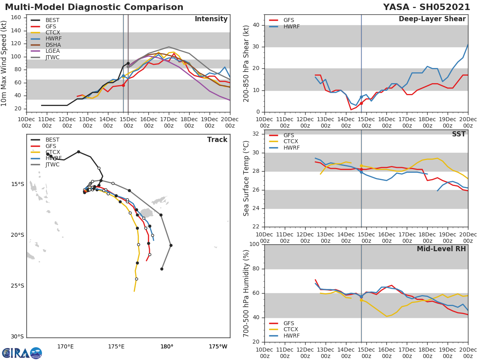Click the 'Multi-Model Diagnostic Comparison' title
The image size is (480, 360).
pos(94,7)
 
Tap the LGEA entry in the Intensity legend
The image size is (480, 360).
pos(52,51)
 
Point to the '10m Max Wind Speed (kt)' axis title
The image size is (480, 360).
pos(4,64)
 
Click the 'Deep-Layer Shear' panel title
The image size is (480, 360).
pos(432,19)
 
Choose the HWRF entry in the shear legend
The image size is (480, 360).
pos(291,26)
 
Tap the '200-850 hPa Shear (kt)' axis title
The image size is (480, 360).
pos(246,64)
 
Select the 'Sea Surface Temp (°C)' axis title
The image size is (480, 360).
pos(246,178)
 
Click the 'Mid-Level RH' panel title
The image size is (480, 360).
pos(441,249)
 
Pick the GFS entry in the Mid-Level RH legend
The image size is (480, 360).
pos(288,323)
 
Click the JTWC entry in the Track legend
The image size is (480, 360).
pos(52,164)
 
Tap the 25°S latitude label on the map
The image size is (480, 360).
pos(17,286)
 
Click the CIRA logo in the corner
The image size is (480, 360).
pos(22,353)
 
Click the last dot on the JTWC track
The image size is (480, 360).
pos(162,269)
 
